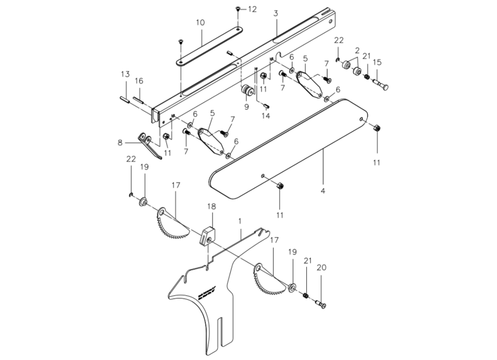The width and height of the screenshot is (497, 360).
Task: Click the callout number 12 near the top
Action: pyautogui.click(x=252, y=9)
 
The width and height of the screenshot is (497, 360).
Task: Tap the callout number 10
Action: pyautogui.click(x=200, y=22)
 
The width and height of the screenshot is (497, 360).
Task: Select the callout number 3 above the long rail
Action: pyautogui.click(x=276, y=13)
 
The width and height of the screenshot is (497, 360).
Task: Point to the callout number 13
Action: pyautogui.click(x=125, y=73)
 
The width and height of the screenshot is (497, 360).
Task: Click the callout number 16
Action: pyautogui.click(x=139, y=81)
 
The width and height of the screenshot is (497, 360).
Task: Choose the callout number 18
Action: pyautogui.click(x=211, y=206)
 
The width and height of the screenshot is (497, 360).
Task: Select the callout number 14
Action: pyautogui.click(x=266, y=117)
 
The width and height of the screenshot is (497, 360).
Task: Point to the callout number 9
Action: pyautogui.click(x=247, y=107)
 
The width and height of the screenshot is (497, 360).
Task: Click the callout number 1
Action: pyautogui.click(x=240, y=221)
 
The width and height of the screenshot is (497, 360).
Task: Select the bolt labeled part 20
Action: pyautogui.click(x=321, y=305)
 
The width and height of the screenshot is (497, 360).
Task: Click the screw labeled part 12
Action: pyautogui.click(x=238, y=9)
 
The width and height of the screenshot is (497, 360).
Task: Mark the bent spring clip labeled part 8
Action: pyautogui.click(x=151, y=147)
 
